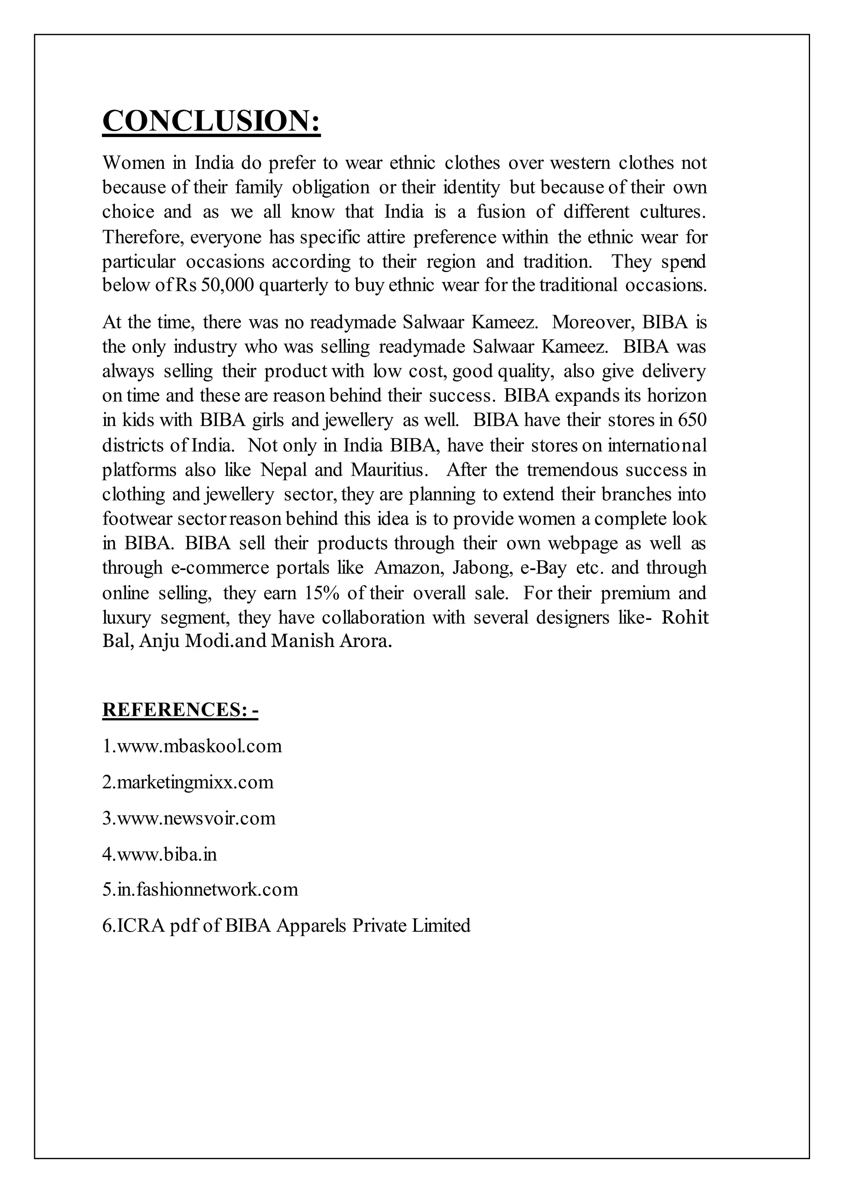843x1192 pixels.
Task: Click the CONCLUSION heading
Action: (x=211, y=121)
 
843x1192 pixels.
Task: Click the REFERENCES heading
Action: (x=180, y=709)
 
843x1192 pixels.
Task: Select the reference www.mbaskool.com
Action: (x=192, y=746)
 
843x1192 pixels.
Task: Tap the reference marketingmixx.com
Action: (x=188, y=782)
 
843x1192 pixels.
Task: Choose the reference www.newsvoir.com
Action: (x=189, y=818)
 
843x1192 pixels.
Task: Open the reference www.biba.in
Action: (x=159, y=854)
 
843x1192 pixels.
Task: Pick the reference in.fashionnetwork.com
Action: (x=200, y=889)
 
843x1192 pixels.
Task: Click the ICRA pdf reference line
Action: (x=286, y=926)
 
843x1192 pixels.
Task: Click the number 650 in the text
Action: (x=692, y=419)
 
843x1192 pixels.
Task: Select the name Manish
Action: (x=302, y=641)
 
